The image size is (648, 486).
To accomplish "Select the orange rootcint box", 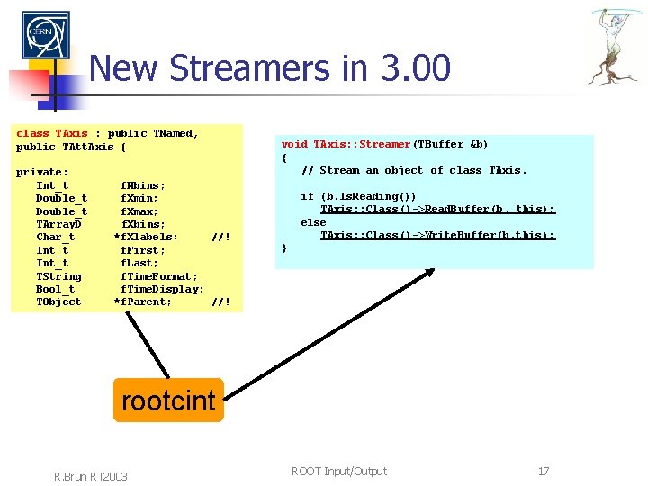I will click(168, 400).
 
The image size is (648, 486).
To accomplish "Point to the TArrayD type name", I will click(58, 224).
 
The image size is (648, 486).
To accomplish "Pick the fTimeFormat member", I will click(159, 276).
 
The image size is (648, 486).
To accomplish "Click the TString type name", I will click(58, 276).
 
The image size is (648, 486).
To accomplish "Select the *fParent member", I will click(143, 301).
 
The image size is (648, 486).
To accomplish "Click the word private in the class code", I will click(42, 172).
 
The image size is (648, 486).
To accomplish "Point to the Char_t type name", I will click(55, 238).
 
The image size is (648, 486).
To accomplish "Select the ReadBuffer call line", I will click(437, 209).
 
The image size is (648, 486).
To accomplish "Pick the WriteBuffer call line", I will click(437, 235).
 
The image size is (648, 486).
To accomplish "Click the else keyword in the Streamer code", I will click(313, 222).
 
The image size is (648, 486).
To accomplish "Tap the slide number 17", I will click(543, 471).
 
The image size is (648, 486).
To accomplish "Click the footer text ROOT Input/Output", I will click(339, 471).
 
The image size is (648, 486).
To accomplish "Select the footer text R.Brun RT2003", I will click(91, 475).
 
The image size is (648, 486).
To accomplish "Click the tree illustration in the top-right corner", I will click(616, 45).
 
